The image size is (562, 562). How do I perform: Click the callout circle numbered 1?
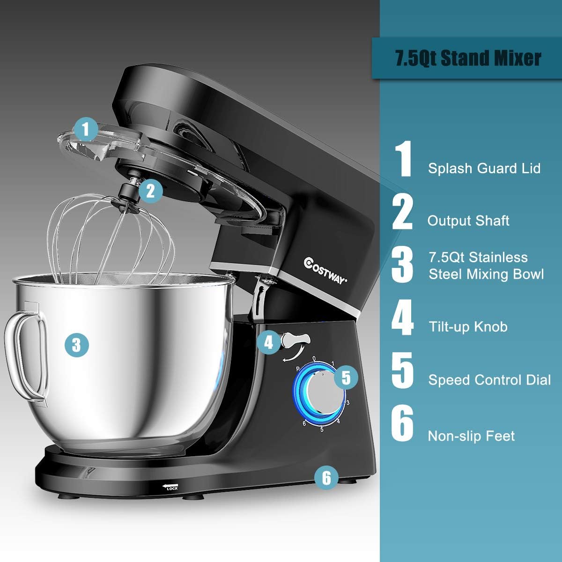pyautogui.click(x=85, y=129)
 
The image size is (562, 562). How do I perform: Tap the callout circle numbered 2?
pyautogui.click(x=150, y=191)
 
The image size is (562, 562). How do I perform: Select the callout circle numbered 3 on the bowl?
pyautogui.click(x=77, y=345)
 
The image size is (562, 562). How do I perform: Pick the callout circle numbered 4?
pyautogui.click(x=268, y=342)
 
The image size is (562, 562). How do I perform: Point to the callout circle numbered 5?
pyautogui.click(x=346, y=377)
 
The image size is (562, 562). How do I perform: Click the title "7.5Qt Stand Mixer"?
pyautogui.click(x=468, y=59)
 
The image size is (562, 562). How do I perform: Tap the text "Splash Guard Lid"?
pyautogui.click(x=484, y=169)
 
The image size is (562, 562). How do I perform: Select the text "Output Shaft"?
pyautogui.click(x=468, y=221)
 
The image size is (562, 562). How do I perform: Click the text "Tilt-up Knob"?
pyautogui.click(x=468, y=326)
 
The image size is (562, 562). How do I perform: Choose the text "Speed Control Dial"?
pyautogui.click(x=489, y=380)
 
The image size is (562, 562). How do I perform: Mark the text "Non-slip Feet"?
pyautogui.click(x=471, y=436)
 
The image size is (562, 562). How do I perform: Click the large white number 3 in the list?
pyautogui.click(x=402, y=265)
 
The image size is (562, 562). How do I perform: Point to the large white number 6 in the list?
pyautogui.click(x=402, y=424)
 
